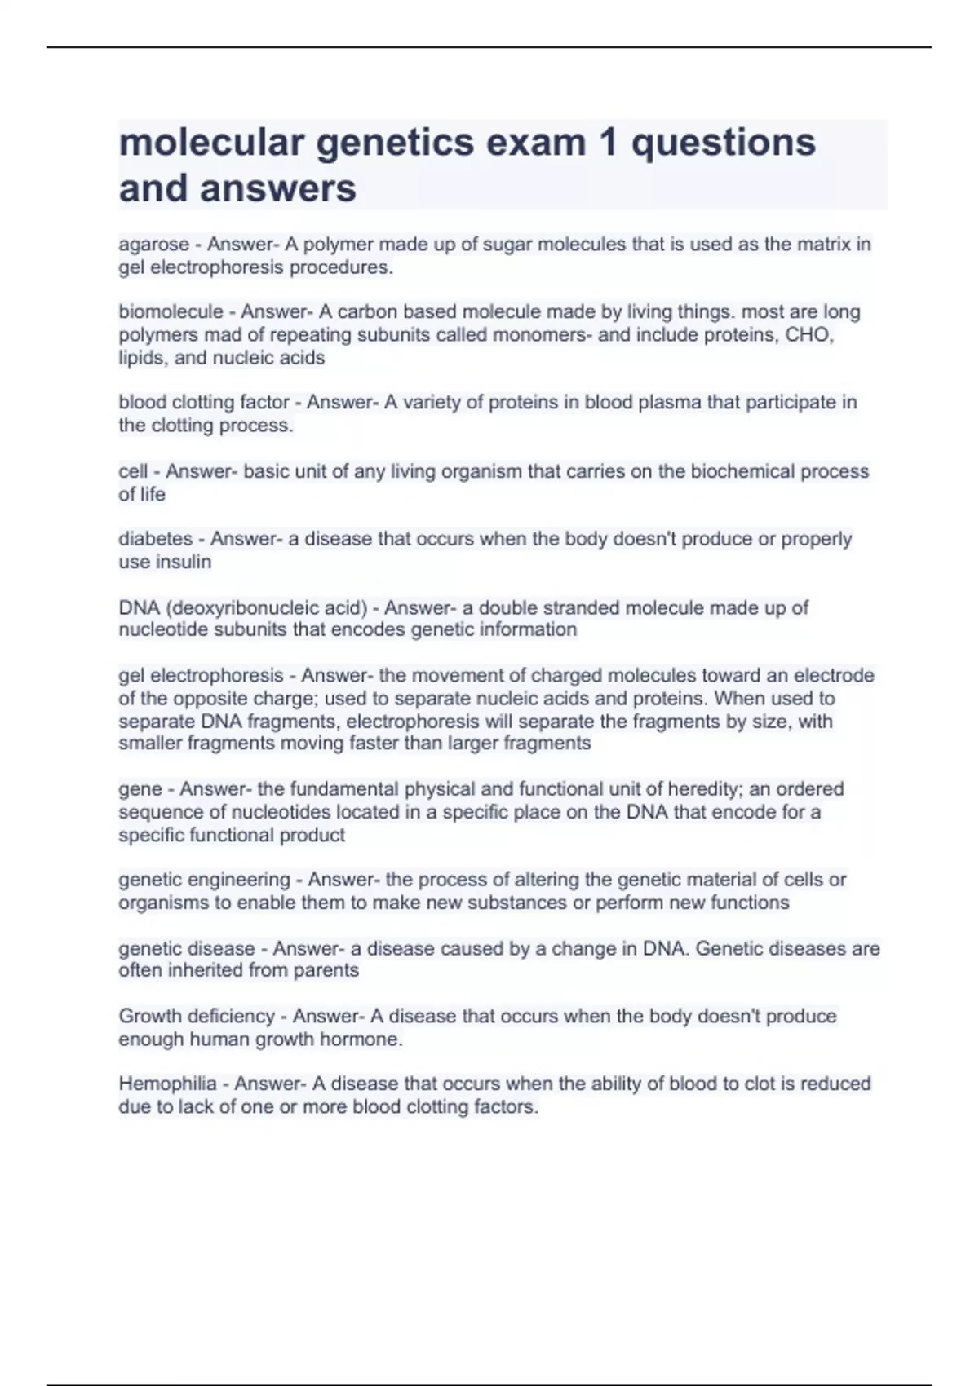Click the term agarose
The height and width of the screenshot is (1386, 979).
tap(153, 245)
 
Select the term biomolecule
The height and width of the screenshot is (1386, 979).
tap(171, 312)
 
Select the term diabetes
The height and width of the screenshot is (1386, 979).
tap(155, 539)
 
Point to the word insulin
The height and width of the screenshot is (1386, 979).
tap(188, 562)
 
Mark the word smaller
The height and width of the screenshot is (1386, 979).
tap(150, 744)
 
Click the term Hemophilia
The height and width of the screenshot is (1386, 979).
tap(167, 1084)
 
